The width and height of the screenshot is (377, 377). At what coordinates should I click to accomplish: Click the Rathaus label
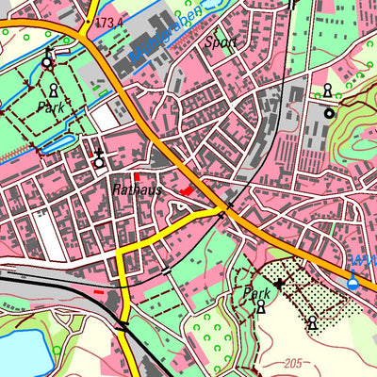click(138, 190)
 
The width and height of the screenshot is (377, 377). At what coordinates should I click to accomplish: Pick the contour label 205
click(295, 363)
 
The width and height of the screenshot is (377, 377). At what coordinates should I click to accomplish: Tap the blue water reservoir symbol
click(353, 280)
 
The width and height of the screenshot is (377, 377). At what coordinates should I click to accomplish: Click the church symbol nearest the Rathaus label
click(98, 159)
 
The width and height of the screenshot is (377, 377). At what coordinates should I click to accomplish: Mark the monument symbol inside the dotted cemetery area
click(312, 323)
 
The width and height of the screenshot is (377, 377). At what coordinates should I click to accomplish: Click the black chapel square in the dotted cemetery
click(279, 283)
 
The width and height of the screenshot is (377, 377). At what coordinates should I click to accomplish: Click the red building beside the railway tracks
click(100, 292)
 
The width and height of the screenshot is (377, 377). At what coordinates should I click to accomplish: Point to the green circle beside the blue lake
click(57, 351)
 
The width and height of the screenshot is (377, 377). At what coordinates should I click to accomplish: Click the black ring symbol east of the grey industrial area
click(329, 113)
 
